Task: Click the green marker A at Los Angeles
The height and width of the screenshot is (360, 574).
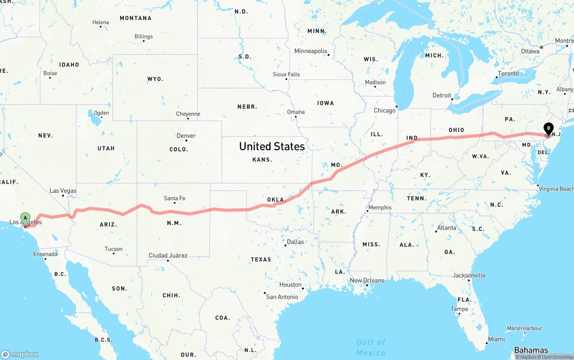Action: coord(26,218)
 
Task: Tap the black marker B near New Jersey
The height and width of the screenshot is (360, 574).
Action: coord(548,129)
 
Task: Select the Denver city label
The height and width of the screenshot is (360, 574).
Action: coord(186,136)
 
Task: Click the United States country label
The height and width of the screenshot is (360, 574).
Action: coord(272,146)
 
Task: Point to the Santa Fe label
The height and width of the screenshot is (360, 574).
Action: coord(174,198)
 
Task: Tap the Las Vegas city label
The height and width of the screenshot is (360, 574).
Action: coord(63,191)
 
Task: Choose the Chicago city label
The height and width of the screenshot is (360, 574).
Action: coord(385,110)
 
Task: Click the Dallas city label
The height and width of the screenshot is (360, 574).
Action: coord(295,242)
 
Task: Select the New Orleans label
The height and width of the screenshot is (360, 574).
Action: coord(367,280)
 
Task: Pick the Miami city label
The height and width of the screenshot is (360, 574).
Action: coord(496,339)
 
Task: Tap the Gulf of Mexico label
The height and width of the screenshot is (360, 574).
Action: coord(371,347)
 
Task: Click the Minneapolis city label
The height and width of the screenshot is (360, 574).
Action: coord(311,51)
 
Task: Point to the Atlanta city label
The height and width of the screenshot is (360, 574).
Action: coord(447,228)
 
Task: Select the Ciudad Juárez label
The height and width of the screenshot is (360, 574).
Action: coord(168,256)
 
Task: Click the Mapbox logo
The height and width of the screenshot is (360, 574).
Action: coord(20,354)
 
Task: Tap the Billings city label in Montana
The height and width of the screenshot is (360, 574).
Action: coord(143,36)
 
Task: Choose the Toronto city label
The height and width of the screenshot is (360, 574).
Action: coord(508,74)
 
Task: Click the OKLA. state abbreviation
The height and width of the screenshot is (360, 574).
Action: coord(276,200)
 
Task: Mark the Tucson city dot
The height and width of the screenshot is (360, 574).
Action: coord(113,254)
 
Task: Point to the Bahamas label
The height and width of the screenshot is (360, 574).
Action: coord(531,350)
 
